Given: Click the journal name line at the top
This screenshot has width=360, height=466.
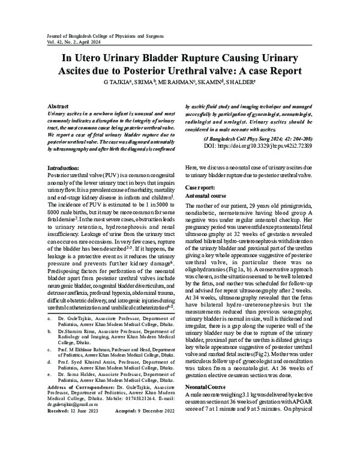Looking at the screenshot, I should [98, 37].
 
